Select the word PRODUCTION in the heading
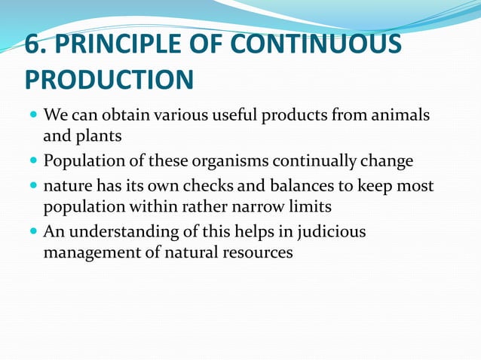pyautogui.click(x=109, y=80)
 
